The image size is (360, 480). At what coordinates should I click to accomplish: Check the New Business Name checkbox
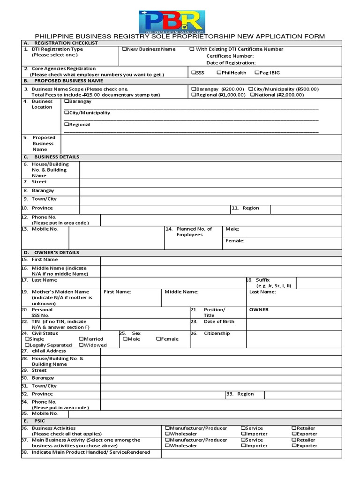point(124,49)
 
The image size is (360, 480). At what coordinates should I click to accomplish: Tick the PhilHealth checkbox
point(218,73)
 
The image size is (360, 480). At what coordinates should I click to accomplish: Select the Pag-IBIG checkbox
point(256,73)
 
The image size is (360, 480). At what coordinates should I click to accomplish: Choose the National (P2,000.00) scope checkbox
point(253,95)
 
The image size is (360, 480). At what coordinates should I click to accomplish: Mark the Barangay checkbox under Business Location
point(67,101)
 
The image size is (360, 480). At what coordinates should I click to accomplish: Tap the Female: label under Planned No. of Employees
point(235,241)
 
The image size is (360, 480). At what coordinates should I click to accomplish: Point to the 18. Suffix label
point(262,280)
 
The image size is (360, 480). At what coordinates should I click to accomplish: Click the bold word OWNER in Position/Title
point(259,310)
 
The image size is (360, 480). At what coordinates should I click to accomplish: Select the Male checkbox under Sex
point(125,339)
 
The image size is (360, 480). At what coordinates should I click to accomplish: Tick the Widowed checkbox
point(82,345)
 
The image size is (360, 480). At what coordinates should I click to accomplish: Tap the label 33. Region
point(240,394)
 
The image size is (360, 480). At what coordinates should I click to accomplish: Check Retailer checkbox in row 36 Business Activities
point(293,428)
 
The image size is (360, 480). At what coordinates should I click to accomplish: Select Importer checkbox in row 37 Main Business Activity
point(243,446)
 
